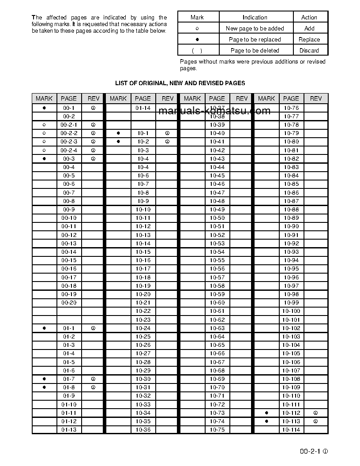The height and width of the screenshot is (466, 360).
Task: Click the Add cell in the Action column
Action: click(x=309, y=28)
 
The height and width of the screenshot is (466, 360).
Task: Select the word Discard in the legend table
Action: click(x=309, y=50)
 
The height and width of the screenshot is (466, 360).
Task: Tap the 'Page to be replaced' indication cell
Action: click(x=255, y=39)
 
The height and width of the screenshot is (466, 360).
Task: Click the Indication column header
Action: click(x=255, y=17)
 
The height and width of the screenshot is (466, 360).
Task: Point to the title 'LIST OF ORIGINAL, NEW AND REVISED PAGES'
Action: click(x=180, y=83)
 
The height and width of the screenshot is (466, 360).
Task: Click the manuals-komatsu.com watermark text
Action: click(x=214, y=111)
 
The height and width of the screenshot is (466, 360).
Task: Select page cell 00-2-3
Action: click(x=69, y=142)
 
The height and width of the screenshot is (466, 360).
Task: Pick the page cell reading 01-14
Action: click(x=143, y=108)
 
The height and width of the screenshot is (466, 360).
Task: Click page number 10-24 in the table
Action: click(x=143, y=328)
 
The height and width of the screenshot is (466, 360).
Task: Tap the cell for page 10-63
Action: click(x=217, y=328)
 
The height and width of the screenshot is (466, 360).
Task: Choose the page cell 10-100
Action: click(x=291, y=311)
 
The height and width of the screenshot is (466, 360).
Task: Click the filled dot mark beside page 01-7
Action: click(x=44, y=379)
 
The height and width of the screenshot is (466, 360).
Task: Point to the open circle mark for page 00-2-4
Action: click(x=44, y=150)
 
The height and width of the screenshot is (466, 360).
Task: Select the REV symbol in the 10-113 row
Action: click(x=316, y=421)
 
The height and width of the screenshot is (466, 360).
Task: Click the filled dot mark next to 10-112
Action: click(x=266, y=413)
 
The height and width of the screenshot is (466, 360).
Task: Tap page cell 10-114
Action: click(x=291, y=430)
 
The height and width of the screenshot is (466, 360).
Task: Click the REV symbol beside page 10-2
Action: click(x=167, y=142)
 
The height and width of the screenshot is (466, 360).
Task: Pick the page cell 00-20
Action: click(x=69, y=303)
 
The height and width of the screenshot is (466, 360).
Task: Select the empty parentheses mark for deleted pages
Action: click(x=197, y=51)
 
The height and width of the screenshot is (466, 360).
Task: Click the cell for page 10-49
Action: click(x=217, y=210)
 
